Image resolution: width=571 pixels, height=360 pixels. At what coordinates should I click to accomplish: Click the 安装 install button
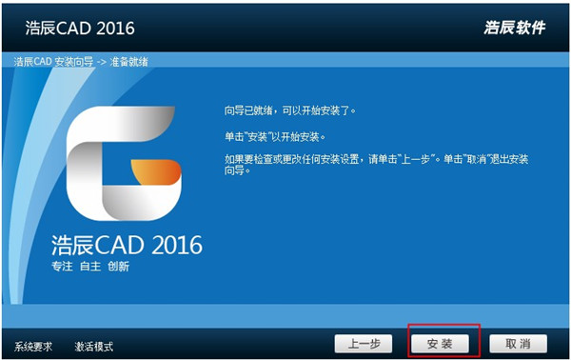coord(439,342)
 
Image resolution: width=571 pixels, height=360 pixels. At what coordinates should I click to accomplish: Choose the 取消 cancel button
coord(518,342)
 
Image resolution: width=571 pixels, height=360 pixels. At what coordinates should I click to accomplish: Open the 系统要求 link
coord(34,346)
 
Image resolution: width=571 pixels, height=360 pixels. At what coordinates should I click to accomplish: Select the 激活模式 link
coord(94,346)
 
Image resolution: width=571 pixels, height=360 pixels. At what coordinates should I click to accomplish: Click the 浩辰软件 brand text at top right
coord(514,28)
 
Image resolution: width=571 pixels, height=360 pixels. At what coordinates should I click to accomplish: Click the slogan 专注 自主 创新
coord(90,267)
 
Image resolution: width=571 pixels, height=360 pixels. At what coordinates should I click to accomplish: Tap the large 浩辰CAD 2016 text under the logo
coord(127,245)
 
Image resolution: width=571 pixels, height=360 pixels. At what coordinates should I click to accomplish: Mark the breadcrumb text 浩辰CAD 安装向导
coord(52,62)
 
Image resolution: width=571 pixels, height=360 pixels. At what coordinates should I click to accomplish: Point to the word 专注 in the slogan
coord(62,267)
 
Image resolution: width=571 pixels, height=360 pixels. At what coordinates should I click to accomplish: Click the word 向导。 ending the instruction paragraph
coord(234,171)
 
